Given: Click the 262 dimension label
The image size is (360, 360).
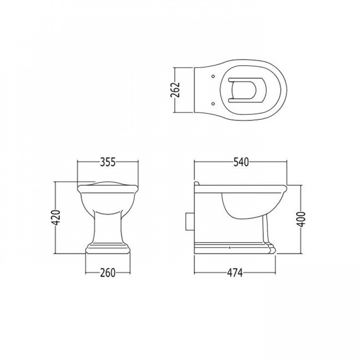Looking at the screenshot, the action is click(x=176, y=90).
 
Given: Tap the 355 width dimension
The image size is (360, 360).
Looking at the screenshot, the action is click(x=108, y=162).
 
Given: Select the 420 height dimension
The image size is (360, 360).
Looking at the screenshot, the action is click(x=56, y=218).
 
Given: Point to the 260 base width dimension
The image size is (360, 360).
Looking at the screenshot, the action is click(x=108, y=273).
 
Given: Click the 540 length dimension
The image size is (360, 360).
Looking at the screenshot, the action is click(x=241, y=162).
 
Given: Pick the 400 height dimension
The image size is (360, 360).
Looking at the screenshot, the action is click(x=302, y=219).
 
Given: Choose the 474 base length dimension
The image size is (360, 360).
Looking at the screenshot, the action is click(x=235, y=273).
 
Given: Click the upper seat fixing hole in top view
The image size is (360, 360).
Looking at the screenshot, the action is click(x=213, y=76).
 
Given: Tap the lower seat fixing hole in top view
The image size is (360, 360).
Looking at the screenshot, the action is click(x=213, y=104).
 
